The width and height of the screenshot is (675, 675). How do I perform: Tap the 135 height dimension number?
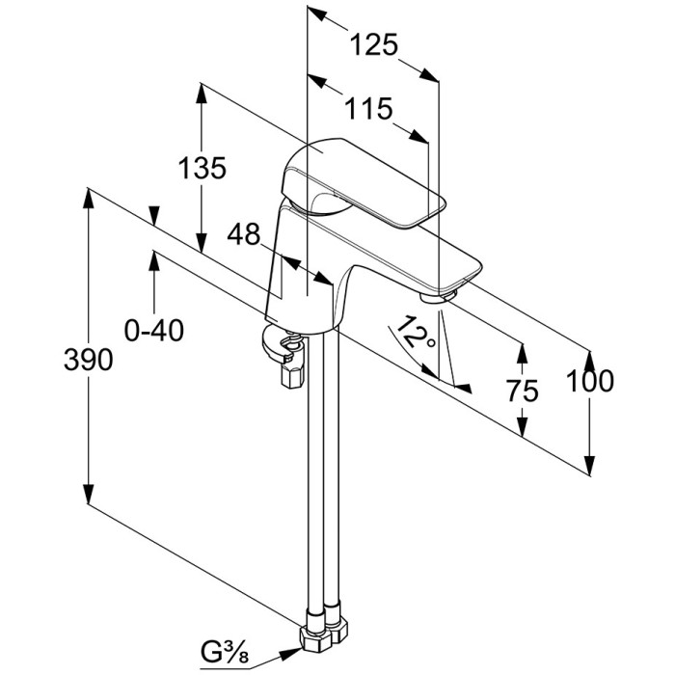pos(202,168)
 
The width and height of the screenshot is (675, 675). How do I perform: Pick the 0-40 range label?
pos(154,331)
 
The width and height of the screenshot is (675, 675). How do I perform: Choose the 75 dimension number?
pos(522,390)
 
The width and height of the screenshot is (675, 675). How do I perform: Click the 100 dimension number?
pos(590,381)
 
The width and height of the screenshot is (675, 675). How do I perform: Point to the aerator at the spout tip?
pos(443,292)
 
